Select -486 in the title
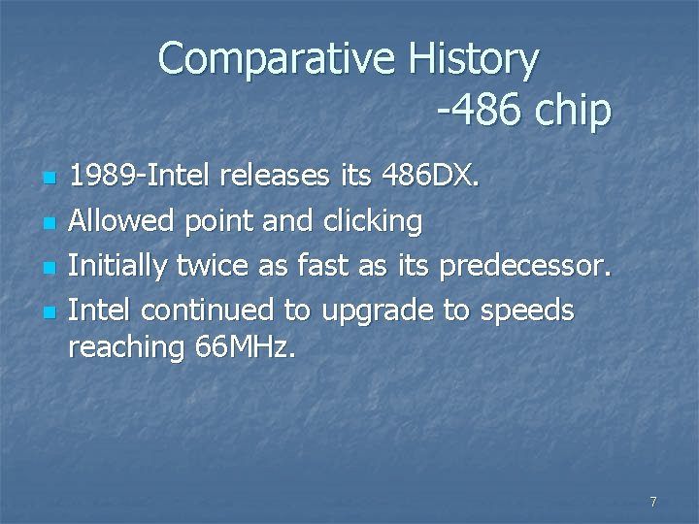click(477, 112)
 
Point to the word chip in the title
click(572, 112)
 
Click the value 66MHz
click(244, 346)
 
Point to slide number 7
click(652, 502)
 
